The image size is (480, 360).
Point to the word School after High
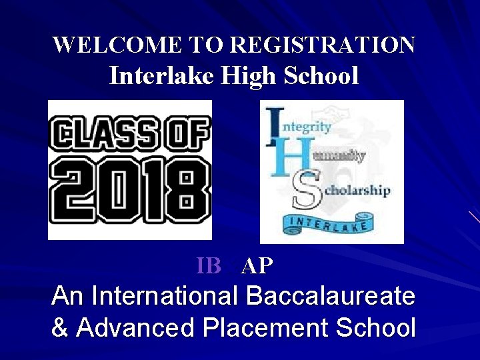[x=321, y=75]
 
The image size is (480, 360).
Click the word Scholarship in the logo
[x=357, y=190]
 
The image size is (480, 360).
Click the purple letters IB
[x=209, y=266]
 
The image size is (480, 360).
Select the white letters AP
[x=257, y=266]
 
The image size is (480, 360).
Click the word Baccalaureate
[x=330, y=295]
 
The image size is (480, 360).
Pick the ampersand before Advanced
[x=60, y=328]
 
